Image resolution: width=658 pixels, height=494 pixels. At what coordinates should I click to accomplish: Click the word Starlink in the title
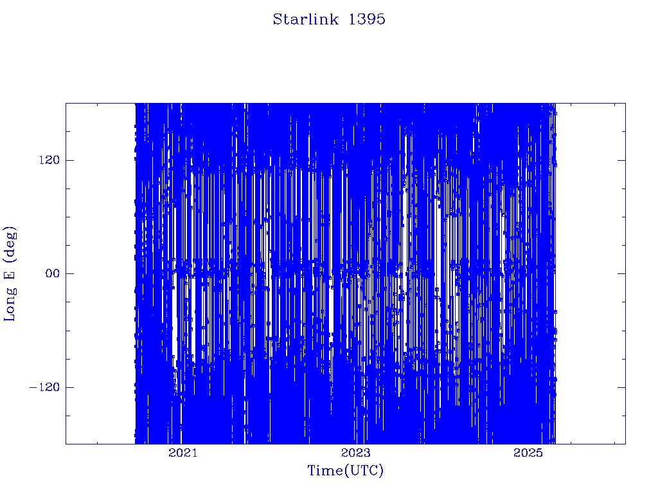click(x=305, y=19)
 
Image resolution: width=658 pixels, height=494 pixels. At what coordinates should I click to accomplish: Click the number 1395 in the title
click(x=367, y=19)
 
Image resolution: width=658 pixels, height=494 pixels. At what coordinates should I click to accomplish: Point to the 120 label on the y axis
click(x=49, y=160)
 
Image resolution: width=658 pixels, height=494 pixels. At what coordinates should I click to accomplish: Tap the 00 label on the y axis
click(x=53, y=273)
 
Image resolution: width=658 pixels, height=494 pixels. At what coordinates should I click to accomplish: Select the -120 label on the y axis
click(x=44, y=387)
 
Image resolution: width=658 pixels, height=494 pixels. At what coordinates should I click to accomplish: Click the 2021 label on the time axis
click(x=182, y=452)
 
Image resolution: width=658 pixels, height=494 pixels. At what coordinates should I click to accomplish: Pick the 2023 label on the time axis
click(x=356, y=452)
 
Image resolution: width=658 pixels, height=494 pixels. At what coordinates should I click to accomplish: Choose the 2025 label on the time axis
click(x=528, y=452)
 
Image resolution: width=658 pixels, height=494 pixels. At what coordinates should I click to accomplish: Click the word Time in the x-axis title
click(x=326, y=470)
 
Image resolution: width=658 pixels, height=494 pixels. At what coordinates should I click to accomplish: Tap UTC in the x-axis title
click(x=364, y=470)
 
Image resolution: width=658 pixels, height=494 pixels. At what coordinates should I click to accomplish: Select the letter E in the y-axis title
click(x=9, y=274)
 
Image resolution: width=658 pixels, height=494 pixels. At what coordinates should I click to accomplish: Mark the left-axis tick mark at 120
click(x=69, y=160)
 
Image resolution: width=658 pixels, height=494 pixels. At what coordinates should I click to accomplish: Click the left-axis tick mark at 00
click(x=69, y=273)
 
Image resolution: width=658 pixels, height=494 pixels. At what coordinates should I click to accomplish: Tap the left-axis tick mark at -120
click(x=69, y=387)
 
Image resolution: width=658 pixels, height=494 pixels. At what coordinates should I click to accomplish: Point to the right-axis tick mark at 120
click(x=621, y=160)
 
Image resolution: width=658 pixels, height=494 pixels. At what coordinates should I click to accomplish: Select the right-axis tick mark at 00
click(x=621, y=273)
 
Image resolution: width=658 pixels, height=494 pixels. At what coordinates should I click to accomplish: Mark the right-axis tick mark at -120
click(x=621, y=387)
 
